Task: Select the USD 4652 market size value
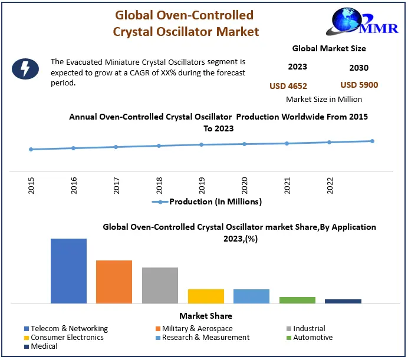288,86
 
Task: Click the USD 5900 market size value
359,85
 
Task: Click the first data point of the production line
31,149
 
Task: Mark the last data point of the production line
372,141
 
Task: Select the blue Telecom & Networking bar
68,271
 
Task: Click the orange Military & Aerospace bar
114,282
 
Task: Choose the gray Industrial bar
160,285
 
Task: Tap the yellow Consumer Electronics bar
206,296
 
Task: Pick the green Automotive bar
297,300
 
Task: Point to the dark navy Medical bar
343,301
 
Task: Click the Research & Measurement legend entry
202,338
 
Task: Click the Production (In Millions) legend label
215,202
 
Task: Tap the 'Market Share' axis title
205,316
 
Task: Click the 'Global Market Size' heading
329,48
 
